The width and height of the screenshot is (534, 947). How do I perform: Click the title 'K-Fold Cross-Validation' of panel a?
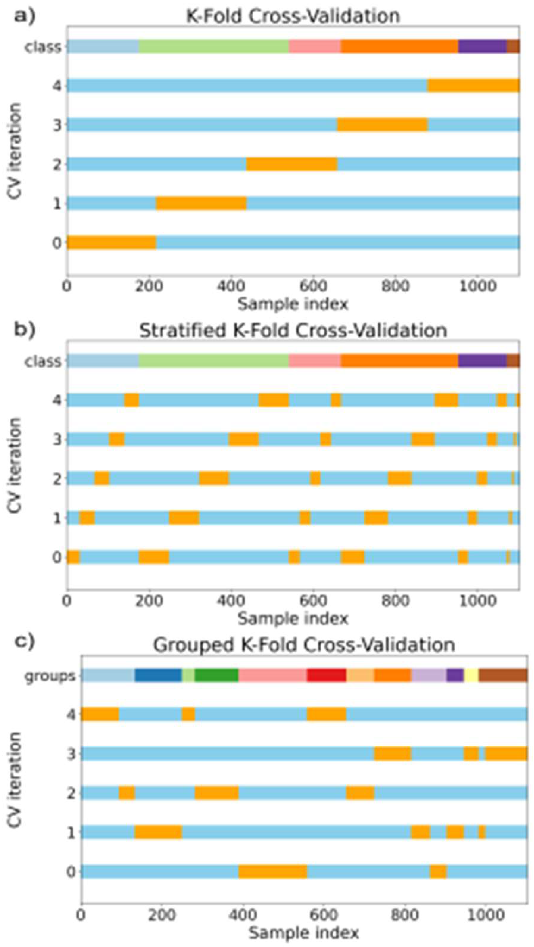pos(293,16)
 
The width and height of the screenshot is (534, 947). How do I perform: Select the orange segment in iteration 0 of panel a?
pos(111,242)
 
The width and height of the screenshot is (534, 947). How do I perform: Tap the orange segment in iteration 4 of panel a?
pos(474,86)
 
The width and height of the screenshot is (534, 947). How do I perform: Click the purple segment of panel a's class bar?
pos(482,47)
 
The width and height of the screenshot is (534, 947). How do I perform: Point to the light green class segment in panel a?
pos(214,47)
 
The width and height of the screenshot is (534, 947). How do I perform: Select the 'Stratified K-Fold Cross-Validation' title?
pos(293,330)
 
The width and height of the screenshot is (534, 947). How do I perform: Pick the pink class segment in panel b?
pos(315,361)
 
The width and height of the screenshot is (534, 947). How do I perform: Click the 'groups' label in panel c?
pos(50,676)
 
